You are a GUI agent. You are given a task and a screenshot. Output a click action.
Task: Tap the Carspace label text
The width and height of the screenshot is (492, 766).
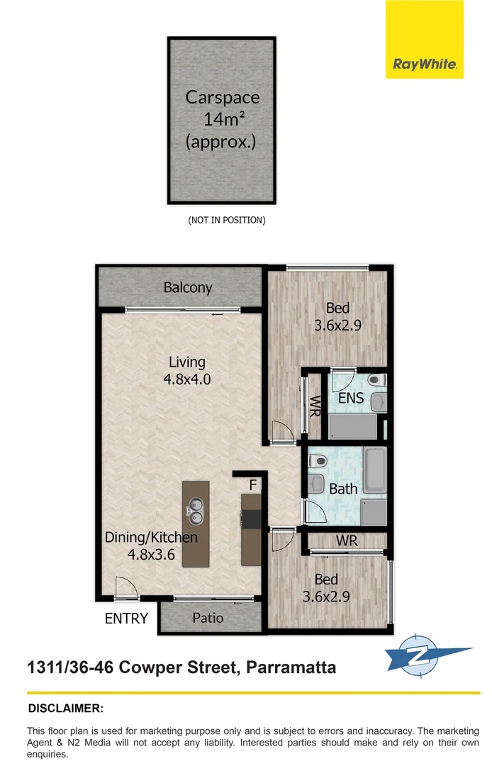point(222,98)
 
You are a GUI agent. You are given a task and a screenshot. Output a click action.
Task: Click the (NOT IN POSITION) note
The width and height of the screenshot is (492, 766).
point(227,220)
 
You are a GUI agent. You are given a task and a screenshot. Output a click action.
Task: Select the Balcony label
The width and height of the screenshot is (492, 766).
point(188,287)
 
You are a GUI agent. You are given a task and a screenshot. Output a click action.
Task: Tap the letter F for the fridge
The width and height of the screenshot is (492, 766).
point(252,485)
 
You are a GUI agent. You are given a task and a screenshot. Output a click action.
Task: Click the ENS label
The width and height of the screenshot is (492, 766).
point(350,398)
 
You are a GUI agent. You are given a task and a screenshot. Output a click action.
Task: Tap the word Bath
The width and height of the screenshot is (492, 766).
point(343,489)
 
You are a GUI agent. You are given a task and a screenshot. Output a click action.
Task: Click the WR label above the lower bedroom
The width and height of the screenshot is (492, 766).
point(347,540)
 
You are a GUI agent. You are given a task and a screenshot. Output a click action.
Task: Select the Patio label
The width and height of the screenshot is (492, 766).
point(208,618)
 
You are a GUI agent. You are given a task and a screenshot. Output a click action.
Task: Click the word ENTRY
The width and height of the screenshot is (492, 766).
point(126,618)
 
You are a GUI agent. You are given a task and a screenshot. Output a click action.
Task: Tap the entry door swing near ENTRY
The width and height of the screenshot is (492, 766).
point(125,588)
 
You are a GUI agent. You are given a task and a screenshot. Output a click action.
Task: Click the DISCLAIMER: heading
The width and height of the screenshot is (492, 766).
point(65,709)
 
